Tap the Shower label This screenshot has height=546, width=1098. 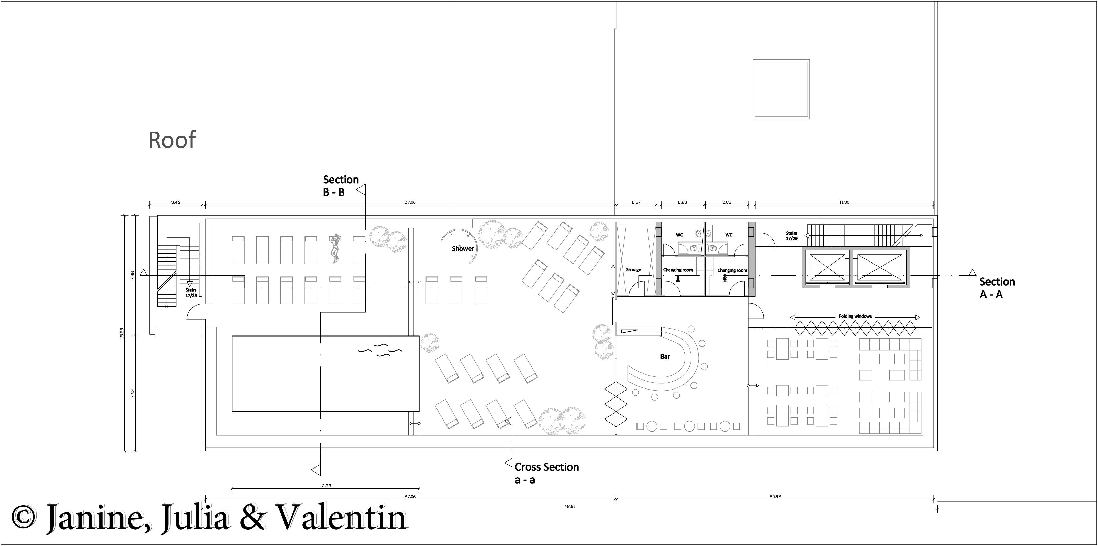click(463, 249)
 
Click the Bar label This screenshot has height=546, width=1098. click(665, 356)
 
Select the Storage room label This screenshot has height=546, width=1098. click(633, 270)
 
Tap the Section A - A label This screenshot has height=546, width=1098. click(997, 288)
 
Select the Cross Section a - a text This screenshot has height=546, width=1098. click(546, 474)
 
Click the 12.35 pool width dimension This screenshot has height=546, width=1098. click(325, 486)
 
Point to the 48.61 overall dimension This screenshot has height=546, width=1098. click(570, 506)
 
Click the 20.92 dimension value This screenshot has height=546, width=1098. click(775, 496)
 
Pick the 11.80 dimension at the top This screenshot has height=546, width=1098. click(844, 202)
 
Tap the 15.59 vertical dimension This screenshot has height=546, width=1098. click(122, 333)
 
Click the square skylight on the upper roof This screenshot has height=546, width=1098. click(781, 89)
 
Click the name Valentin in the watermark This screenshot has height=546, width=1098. click(342, 518)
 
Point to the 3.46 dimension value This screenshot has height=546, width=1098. click(176, 202)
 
